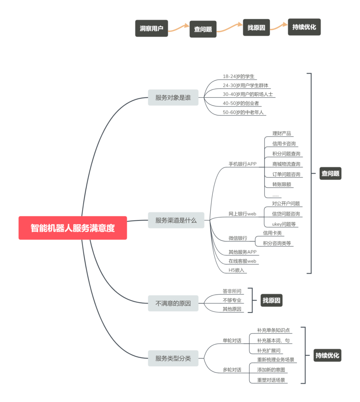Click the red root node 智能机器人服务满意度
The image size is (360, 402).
click(73, 228)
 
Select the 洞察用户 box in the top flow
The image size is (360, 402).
click(151, 28)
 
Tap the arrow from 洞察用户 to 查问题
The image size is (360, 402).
click(178, 28)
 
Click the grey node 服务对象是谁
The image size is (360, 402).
click(173, 97)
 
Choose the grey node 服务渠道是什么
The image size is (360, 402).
click(176, 220)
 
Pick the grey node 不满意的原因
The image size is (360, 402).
click(173, 303)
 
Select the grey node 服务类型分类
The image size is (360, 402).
click(173, 358)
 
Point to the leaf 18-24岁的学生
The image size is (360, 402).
click(238, 76)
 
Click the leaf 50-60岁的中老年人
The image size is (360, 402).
click(243, 112)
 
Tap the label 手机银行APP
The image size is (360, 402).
click(243, 164)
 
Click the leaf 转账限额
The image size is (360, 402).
click(282, 185)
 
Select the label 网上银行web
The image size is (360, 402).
click(242, 214)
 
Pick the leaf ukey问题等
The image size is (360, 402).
click(284, 224)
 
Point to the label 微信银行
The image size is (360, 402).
click(238, 238)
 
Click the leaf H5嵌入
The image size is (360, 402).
click(236, 270)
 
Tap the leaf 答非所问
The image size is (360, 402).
click(232, 291)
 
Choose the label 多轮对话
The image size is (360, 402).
click(232, 370)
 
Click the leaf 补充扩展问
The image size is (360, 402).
click(269, 351)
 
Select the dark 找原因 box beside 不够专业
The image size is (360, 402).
click(271, 300)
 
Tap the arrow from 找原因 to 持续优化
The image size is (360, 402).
click(279, 27)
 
